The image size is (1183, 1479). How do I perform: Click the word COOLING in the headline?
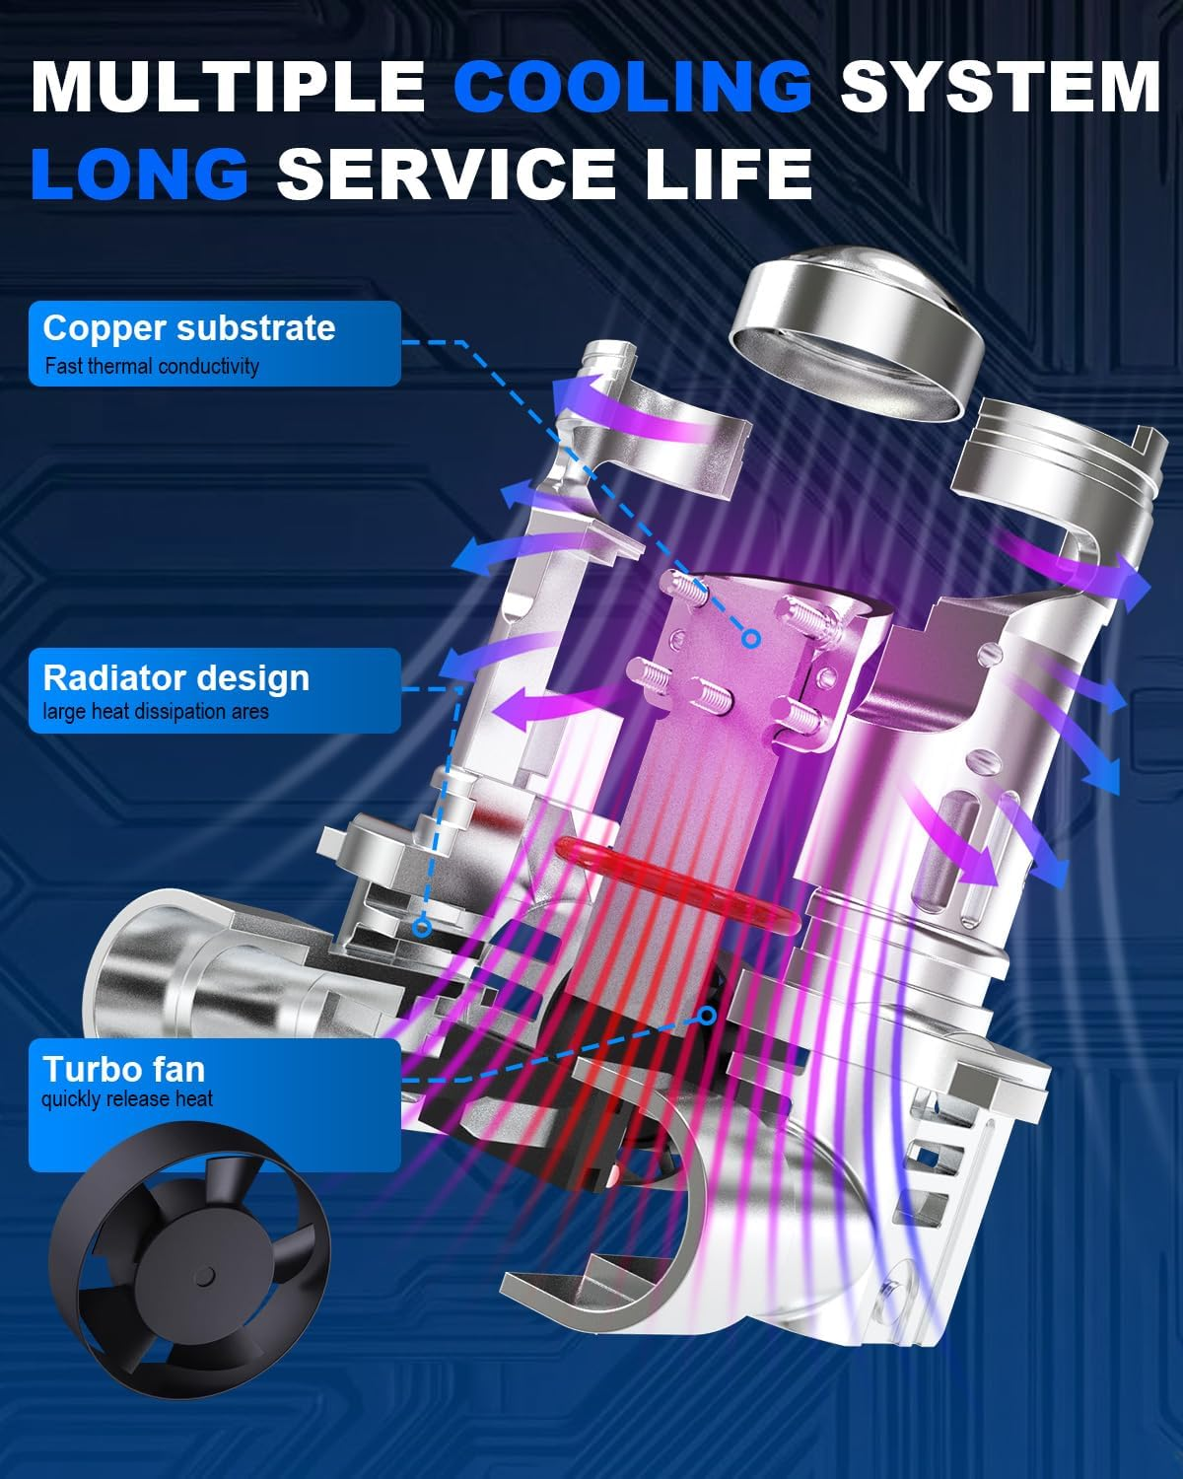pos(632,87)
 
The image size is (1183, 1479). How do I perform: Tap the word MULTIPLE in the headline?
pos(229,87)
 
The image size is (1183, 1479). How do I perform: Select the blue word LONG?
pos(140,173)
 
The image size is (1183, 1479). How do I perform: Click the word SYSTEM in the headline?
pos(1001,87)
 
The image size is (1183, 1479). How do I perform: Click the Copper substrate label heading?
pos(189,327)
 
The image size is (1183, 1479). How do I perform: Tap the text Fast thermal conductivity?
pos(152,366)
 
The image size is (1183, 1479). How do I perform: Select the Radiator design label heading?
pos(176,678)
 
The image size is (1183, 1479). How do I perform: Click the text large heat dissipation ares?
pos(156,711)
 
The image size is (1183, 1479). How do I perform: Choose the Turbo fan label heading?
pos(124,1070)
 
